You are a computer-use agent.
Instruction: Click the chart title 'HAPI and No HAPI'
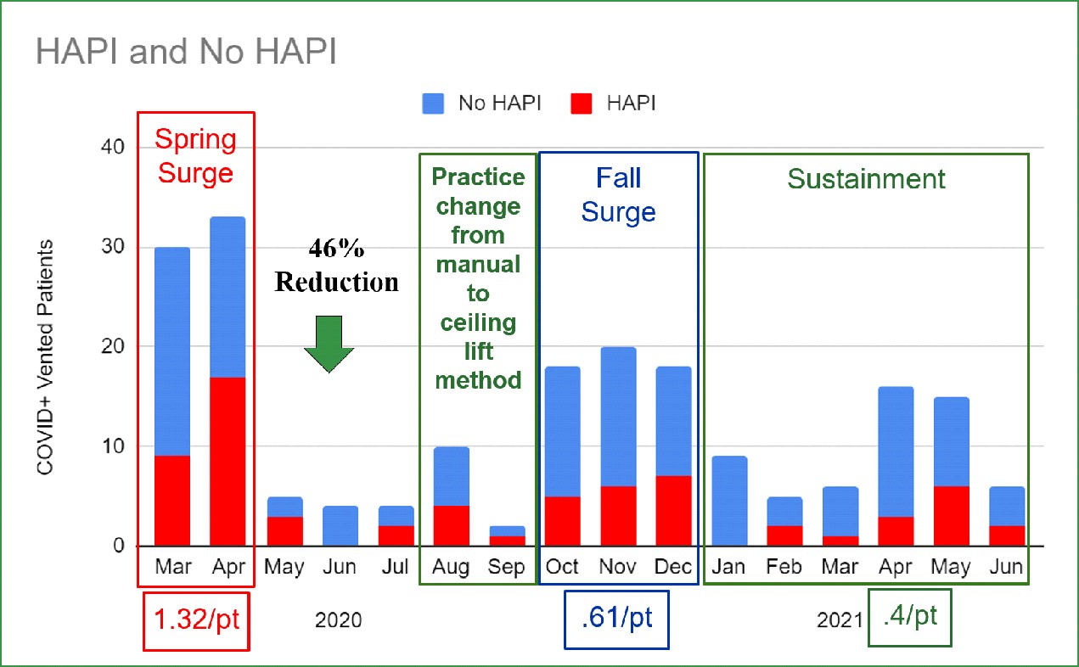click(x=186, y=52)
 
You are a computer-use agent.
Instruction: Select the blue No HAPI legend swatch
click(x=434, y=104)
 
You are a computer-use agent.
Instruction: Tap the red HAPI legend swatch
click(x=582, y=104)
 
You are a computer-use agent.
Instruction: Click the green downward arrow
click(x=329, y=344)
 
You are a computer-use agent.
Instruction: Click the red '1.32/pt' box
click(x=196, y=619)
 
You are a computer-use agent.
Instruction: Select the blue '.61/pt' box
click(x=617, y=619)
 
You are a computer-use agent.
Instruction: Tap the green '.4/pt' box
click(x=909, y=616)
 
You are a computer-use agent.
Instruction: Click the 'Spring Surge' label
click(x=195, y=156)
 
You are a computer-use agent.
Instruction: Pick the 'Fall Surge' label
click(x=618, y=194)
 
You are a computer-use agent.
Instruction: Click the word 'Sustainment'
click(x=866, y=179)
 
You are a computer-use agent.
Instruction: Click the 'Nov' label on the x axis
click(x=617, y=567)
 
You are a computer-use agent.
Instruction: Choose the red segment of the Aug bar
click(x=451, y=526)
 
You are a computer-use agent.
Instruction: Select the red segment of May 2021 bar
click(x=952, y=516)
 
